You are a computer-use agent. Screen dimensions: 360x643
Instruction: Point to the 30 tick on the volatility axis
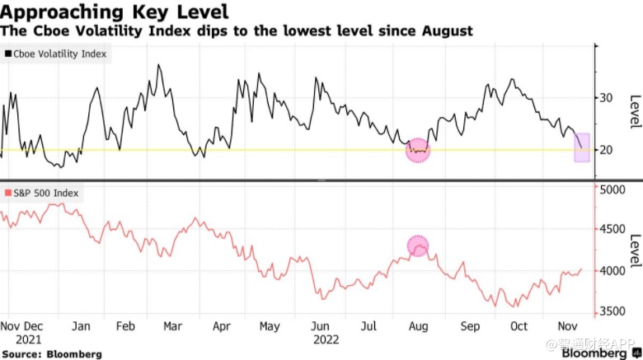[x=608, y=97]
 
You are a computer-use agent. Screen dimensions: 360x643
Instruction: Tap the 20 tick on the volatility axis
[x=608, y=150]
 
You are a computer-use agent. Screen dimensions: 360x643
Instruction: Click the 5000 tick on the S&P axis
[x=613, y=189]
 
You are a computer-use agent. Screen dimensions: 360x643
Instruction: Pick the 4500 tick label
[x=613, y=230]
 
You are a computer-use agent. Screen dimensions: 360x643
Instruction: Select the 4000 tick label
[x=613, y=270]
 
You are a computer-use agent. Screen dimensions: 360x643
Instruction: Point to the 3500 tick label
[x=613, y=311]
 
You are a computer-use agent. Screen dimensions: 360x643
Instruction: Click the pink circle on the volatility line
[x=419, y=151]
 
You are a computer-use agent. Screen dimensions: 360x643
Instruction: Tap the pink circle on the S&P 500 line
[x=420, y=245]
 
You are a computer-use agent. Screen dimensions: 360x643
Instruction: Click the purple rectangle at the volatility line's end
[x=581, y=147]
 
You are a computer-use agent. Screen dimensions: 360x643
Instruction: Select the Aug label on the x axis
[x=420, y=326]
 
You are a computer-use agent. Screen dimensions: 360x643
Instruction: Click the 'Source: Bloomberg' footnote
[x=52, y=353]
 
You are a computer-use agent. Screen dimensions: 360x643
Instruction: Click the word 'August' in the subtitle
[x=448, y=31]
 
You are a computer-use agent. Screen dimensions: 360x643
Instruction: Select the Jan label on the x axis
[x=81, y=326]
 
